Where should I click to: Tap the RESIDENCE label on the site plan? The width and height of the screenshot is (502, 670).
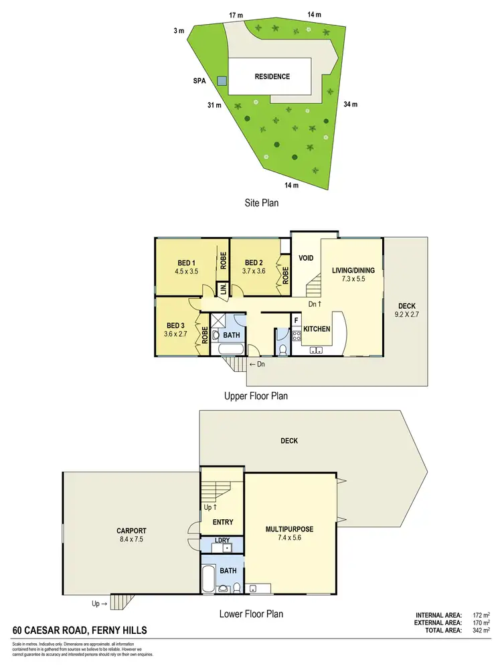click(x=272, y=76)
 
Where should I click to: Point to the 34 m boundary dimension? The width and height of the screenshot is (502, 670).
click(x=350, y=104)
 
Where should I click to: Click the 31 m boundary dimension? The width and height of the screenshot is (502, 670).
click(x=214, y=105)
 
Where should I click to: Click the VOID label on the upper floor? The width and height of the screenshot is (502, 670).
click(x=307, y=257)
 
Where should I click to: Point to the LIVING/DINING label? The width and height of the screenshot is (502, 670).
click(x=357, y=271)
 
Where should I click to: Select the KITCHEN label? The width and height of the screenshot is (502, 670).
click(x=317, y=330)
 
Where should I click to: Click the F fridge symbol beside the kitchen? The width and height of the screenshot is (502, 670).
click(x=296, y=320)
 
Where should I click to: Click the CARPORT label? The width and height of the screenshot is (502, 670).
click(x=131, y=530)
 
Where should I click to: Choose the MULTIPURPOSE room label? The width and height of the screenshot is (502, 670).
click(x=288, y=529)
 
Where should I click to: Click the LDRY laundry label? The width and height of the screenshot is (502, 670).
click(x=222, y=540)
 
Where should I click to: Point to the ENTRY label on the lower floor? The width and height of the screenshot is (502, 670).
click(x=222, y=522)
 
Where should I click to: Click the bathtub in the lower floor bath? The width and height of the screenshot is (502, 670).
click(x=207, y=578)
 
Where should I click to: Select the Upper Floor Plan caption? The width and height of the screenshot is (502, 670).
click(x=256, y=396)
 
